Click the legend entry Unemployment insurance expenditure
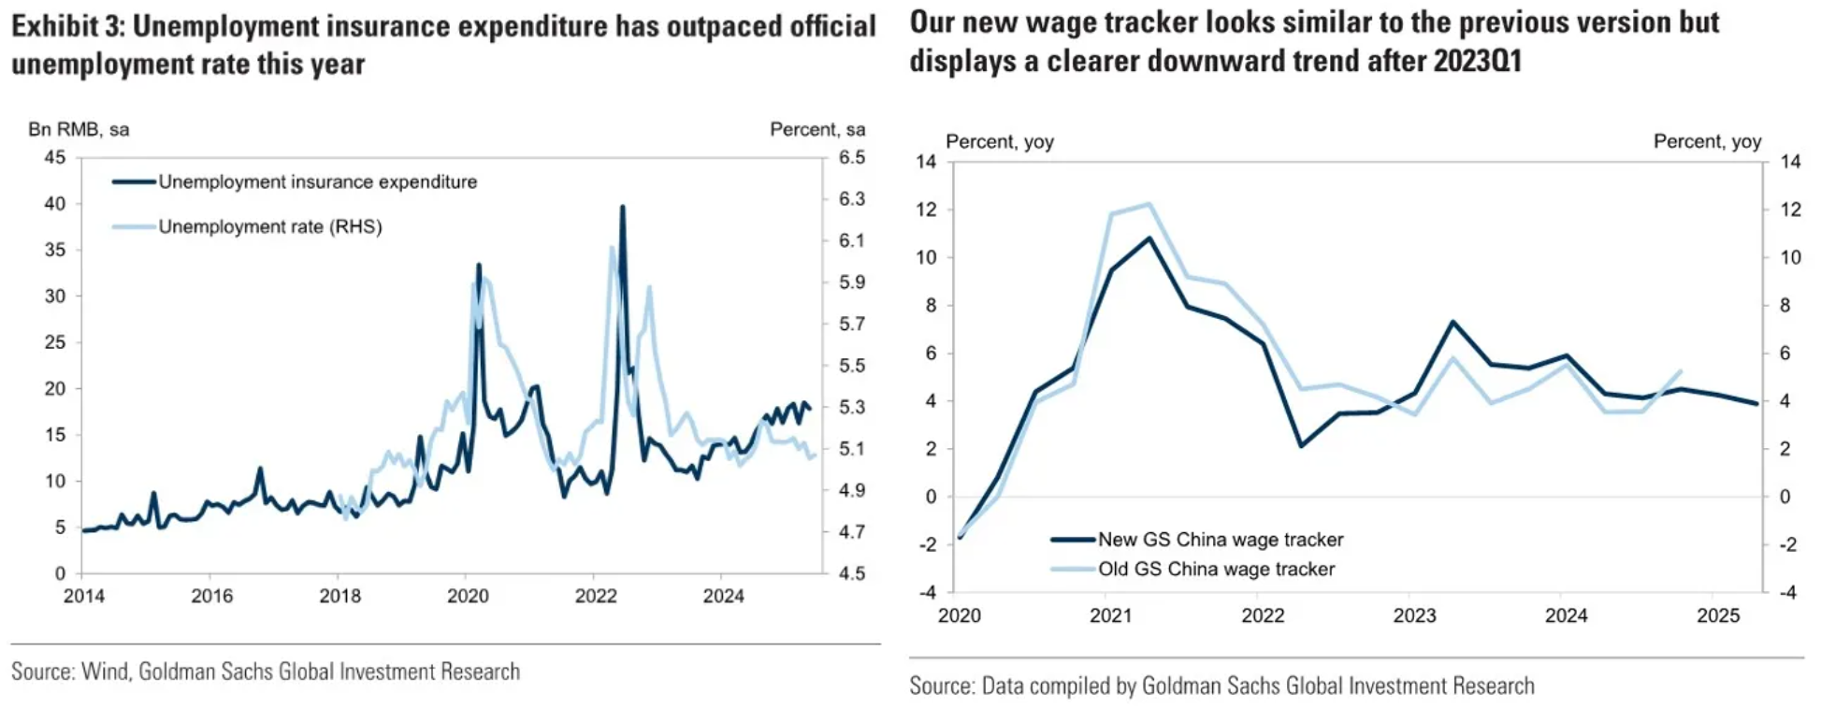(x=317, y=181)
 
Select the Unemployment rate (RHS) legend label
(x=269, y=226)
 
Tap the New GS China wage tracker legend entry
(x=1220, y=540)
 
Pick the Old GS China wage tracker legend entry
(x=1216, y=569)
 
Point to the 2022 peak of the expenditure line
(x=622, y=208)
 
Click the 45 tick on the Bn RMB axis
(x=55, y=157)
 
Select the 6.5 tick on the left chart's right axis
(x=851, y=157)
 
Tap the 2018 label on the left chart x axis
(x=340, y=596)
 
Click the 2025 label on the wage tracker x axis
(x=1717, y=615)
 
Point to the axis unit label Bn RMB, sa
(x=79, y=129)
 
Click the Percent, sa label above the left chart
(x=817, y=129)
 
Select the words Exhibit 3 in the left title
(x=67, y=26)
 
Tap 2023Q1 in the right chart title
(x=1478, y=61)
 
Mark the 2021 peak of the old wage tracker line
(x=1149, y=204)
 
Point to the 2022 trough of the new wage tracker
(x=1301, y=445)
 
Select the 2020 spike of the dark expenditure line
(x=479, y=265)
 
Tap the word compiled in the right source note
(x=1068, y=686)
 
